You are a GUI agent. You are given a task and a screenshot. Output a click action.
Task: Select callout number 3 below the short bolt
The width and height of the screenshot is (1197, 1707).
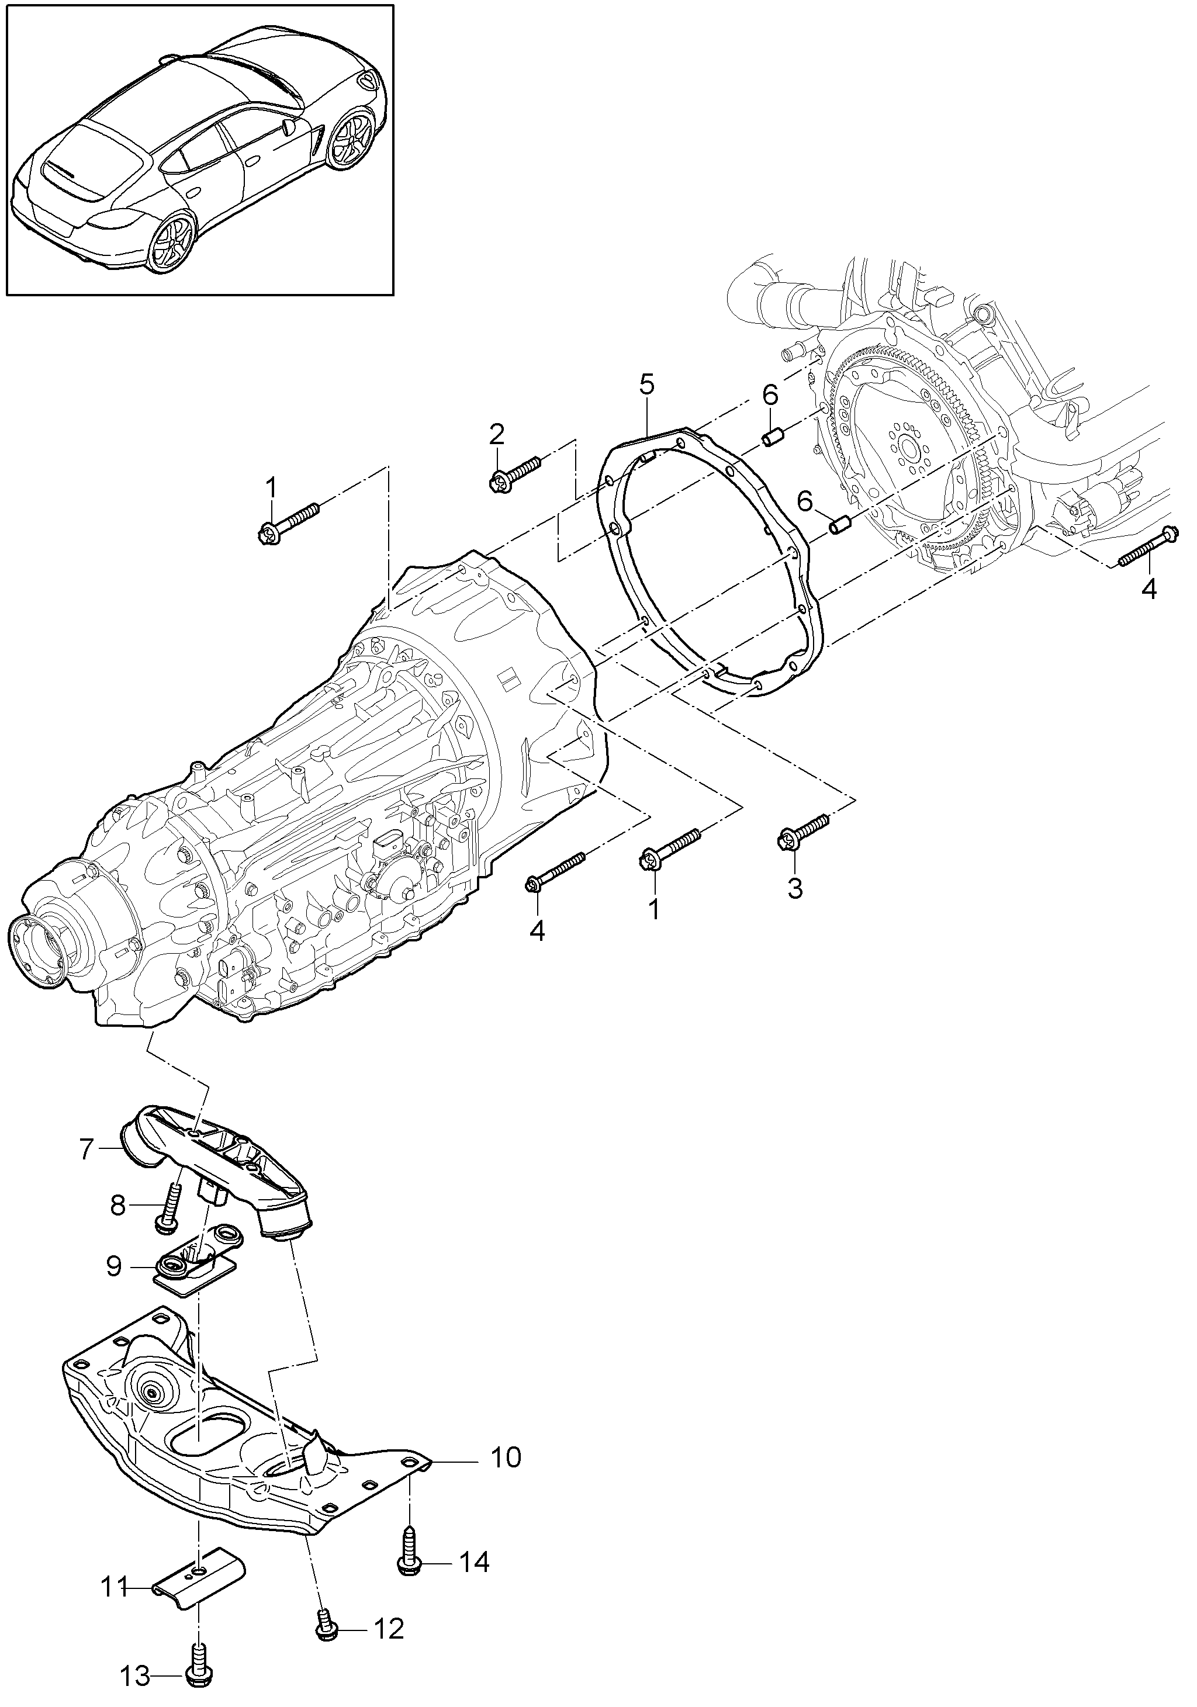[795, 888]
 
